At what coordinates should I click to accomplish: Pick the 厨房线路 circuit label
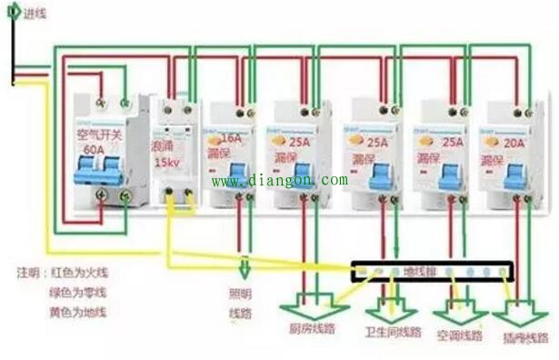coord(313,329)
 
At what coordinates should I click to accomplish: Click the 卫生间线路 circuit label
coord(393,332)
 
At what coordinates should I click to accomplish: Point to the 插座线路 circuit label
coord(524,335)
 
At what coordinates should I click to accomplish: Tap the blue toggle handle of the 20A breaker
coord(515,176)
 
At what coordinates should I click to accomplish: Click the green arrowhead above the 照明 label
coord(243,270)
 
